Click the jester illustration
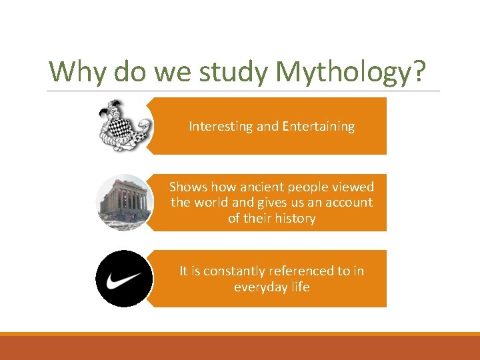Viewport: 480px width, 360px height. pyautogui.click(x=124, y=125)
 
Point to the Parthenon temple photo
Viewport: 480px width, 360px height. pyautogui.click(x=124, y=203)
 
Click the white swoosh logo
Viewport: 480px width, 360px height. pyautogui.click(x=124, y=279)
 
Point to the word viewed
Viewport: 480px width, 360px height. pyautogui.click(x=354, y=187)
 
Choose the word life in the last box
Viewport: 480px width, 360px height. pyautogui.click(x=301, y=287)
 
